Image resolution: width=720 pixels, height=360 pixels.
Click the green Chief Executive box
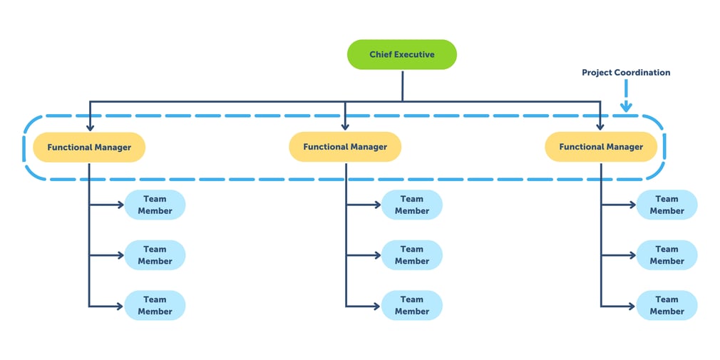pos(401,55)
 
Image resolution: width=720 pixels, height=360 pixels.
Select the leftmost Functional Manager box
pos(89,147)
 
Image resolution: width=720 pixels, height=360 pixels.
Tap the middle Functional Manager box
pos(345,147)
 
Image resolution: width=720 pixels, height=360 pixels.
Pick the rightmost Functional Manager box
pos(600,147)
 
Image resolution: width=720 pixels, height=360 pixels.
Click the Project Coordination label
pos(625,73)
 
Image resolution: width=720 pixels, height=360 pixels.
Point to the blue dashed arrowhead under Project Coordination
pos(626,107)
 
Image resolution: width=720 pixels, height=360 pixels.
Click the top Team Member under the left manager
pos(155,205)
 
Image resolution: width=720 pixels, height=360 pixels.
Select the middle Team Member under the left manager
pos(155,255)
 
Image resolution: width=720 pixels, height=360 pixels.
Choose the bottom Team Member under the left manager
pos(155,306)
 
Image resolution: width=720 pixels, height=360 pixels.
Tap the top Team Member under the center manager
pos(411,205)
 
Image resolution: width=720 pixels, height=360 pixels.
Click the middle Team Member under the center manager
pos(411,255)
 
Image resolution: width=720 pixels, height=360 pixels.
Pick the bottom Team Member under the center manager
pos(411,306)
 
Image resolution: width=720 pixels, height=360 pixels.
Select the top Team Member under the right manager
pos(667,205)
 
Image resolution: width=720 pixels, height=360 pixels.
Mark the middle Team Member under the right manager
pos(667,255)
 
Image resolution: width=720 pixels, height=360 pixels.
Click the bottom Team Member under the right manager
pos(667,306)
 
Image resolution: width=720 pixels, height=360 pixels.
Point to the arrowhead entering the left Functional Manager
pos(90,126)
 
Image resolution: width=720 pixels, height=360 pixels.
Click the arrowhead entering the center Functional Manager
pos(345,126)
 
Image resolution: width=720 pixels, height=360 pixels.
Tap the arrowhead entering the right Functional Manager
pos(600,126)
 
